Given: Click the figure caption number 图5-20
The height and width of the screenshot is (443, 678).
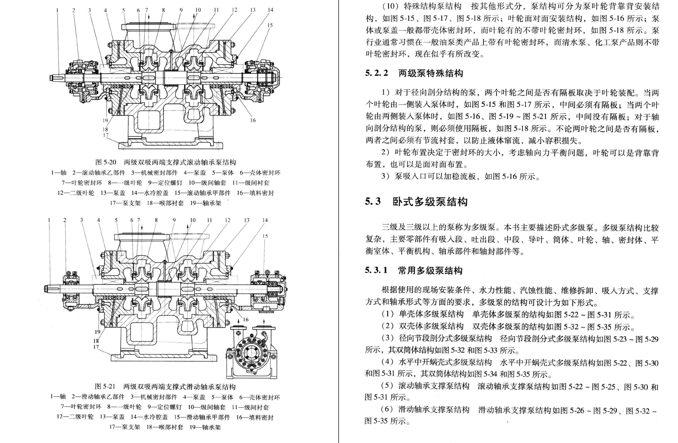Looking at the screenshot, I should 106,162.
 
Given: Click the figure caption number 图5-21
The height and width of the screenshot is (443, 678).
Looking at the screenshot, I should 105,387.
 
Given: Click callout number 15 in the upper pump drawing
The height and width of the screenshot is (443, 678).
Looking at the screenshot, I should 270,25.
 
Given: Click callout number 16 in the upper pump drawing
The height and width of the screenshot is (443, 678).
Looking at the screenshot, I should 253,120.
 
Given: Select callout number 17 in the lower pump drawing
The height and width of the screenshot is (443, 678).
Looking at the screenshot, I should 96,347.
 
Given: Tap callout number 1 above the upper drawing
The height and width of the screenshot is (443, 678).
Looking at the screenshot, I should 57,10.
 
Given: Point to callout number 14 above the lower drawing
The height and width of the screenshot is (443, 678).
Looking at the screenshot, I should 265,220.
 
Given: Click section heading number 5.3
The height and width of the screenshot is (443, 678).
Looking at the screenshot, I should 373,201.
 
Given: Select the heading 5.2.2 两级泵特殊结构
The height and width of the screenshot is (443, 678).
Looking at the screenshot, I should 414,73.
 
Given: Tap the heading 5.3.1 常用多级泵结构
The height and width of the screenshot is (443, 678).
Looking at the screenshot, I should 413,270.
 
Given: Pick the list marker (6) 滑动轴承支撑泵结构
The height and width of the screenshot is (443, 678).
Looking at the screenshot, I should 388,409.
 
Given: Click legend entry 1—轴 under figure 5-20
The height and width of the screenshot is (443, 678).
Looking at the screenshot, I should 59,172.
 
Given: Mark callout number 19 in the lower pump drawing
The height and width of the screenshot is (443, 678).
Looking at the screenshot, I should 97,331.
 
